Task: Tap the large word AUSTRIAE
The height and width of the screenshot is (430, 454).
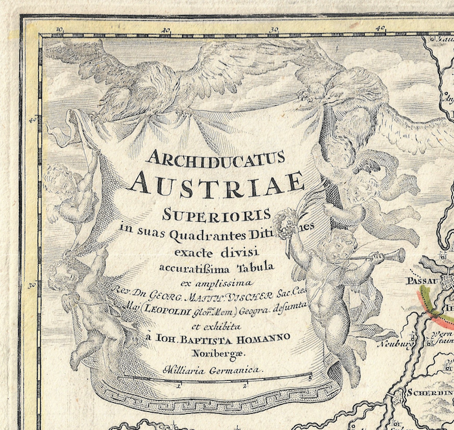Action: coord(216,183)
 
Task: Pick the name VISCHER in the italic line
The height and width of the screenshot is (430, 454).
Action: coord(267,283)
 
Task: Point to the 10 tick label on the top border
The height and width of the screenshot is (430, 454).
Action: coord(60,29)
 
